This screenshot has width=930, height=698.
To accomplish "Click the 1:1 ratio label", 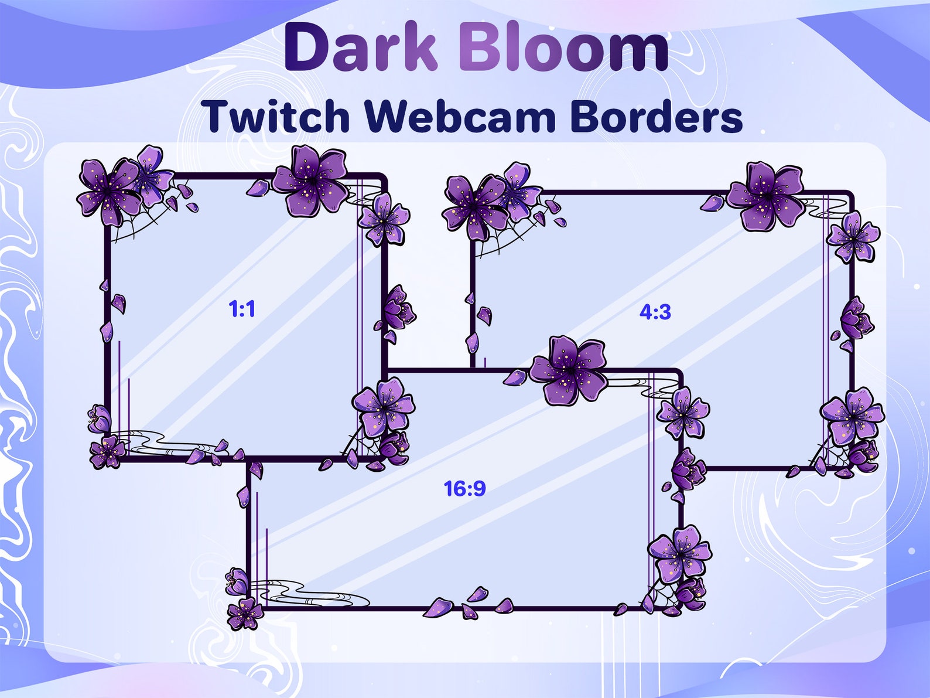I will tap(242, 309).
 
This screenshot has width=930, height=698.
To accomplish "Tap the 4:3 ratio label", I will tap(655, 312).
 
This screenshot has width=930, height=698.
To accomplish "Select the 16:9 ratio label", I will tap(464, 488).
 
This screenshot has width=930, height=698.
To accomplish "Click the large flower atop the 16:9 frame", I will tap(569, 370).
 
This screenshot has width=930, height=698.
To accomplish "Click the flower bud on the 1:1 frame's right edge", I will tap(398, 307).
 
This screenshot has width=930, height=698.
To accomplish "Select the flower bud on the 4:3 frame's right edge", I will tap(856, 319).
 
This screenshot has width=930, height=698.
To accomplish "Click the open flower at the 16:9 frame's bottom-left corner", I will tap(244, 612).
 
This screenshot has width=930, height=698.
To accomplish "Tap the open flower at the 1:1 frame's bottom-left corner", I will tap(107, 451).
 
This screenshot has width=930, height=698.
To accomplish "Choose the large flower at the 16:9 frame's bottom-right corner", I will tap(679, 552).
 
